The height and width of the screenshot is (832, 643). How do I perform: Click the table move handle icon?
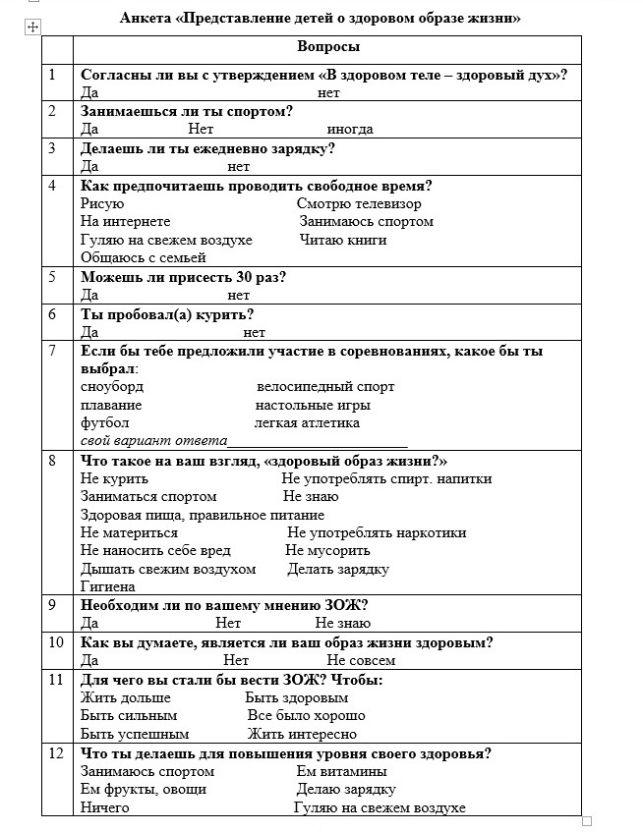click(32, 28)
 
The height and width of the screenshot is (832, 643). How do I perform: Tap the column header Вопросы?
click(327, 47)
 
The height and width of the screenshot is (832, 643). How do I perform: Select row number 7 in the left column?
click(52, 350)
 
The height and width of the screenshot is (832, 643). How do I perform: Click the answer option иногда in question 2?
click(350, 129)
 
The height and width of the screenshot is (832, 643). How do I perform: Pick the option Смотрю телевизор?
click(359, 203)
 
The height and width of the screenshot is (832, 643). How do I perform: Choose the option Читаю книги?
click(343, 240)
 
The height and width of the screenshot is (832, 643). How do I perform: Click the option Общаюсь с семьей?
click(143, 257)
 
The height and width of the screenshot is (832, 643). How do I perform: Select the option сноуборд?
click(111, 386)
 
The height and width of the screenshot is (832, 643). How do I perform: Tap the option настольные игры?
click(313, 405)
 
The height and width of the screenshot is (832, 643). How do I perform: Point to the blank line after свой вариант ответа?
click(318, 441)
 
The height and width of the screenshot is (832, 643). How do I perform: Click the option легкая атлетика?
click(307, 422)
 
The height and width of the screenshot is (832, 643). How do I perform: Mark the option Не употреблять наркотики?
click(377, 532)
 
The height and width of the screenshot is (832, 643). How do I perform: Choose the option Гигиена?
click(107, 586)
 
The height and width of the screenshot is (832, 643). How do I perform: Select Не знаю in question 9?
click(343, 623)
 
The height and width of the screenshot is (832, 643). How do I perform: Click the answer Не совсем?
click(361, 660)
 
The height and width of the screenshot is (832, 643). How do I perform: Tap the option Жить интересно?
click(302, 734)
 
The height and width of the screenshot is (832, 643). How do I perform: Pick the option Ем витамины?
click(341, 771)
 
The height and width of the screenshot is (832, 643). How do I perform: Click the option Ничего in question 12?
click(104, 807)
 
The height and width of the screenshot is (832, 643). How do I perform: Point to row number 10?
click(55, 643)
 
